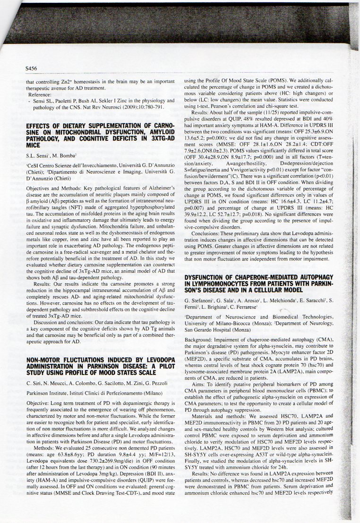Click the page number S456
point(32,68)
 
